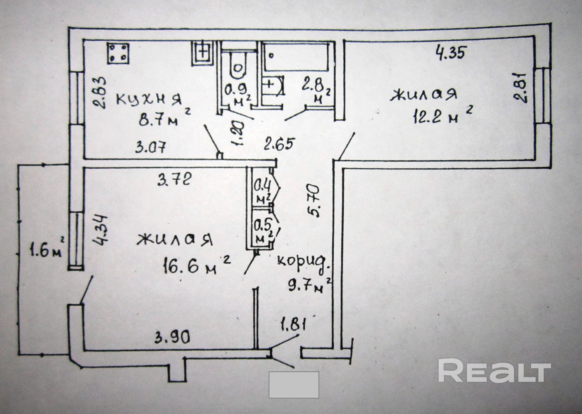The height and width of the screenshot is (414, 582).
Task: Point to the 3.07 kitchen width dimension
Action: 151,148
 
